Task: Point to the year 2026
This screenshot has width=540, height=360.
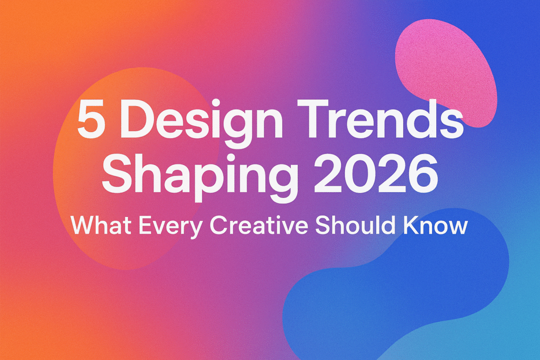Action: pyautogui.click(x=376, y=173)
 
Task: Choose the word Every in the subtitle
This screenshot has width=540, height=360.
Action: pyautogui.click(x=171, y=227)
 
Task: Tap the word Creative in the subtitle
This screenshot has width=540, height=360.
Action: pyautogui.click(x=259, y=225)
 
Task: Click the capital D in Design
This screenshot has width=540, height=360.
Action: pyautogui.click(x=135, y=119)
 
